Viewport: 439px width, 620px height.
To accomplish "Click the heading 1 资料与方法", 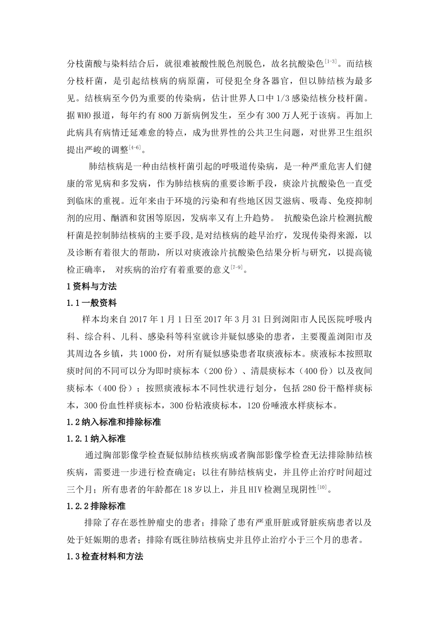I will (91, 286).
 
